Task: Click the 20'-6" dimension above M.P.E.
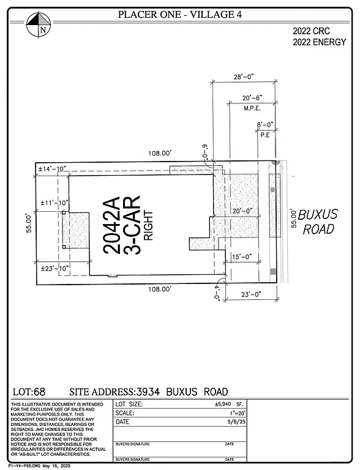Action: (x=252, y=98)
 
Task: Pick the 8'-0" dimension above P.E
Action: (x=266, y=124)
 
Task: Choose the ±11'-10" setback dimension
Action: (x=53, y=203)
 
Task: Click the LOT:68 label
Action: (x=29, y=392)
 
